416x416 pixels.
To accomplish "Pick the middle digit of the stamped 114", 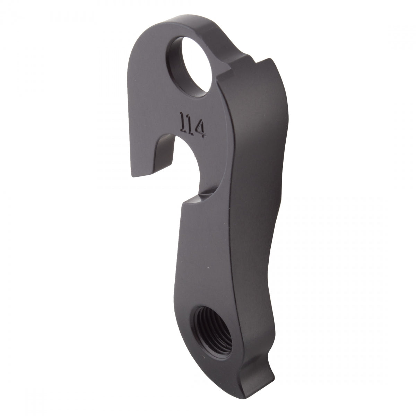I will (x=192, y=125).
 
